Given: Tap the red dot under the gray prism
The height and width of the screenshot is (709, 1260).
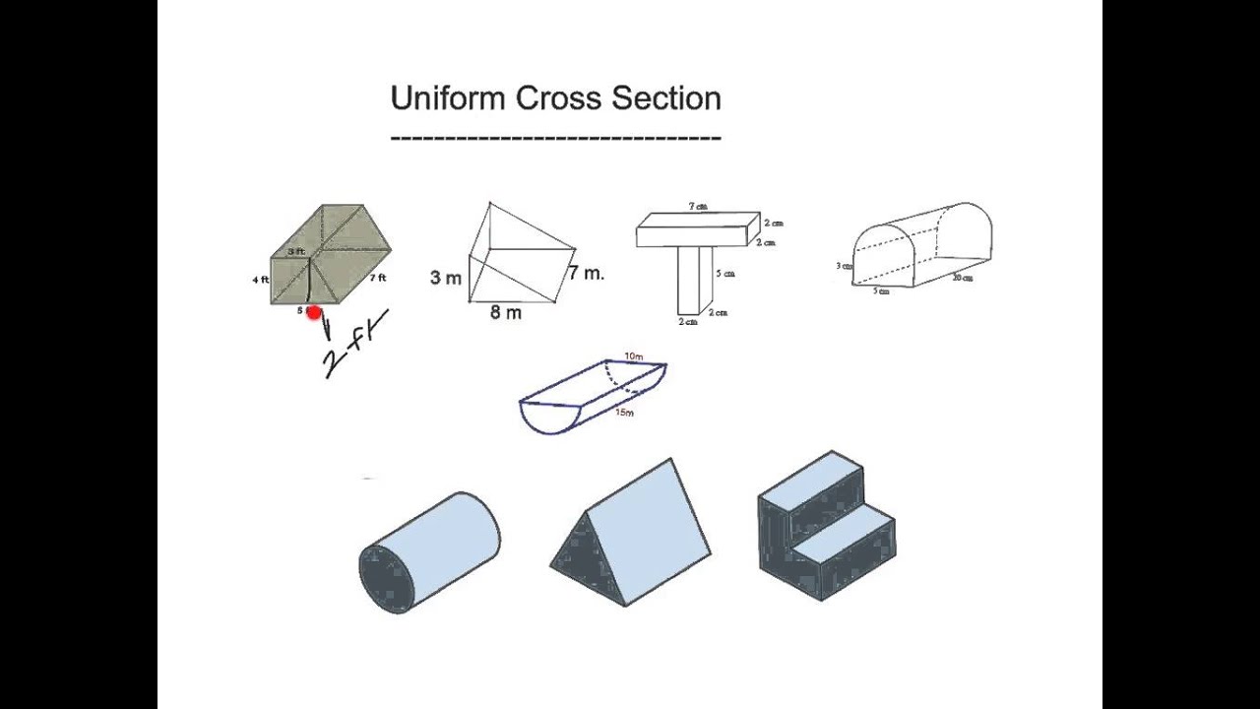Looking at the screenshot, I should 314,313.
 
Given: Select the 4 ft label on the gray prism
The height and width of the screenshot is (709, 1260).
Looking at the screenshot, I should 260,280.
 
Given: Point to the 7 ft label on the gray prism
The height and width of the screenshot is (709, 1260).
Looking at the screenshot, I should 378,279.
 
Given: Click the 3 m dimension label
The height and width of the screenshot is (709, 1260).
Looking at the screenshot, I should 445,278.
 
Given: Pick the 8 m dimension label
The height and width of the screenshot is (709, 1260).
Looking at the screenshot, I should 506,313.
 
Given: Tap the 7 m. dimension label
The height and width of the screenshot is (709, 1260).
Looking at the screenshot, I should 587,273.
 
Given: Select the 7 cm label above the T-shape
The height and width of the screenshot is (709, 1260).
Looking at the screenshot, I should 698,207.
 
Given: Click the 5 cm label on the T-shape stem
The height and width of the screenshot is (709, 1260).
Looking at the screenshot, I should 726,274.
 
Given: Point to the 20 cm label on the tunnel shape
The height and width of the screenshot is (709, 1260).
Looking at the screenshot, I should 962,279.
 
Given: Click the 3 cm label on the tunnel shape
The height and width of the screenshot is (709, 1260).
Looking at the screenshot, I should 844,266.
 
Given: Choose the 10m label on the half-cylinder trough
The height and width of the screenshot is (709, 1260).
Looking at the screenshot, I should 634,355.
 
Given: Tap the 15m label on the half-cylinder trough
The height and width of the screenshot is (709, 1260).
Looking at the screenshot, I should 624,413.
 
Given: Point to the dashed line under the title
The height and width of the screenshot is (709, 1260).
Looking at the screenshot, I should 555,138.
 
